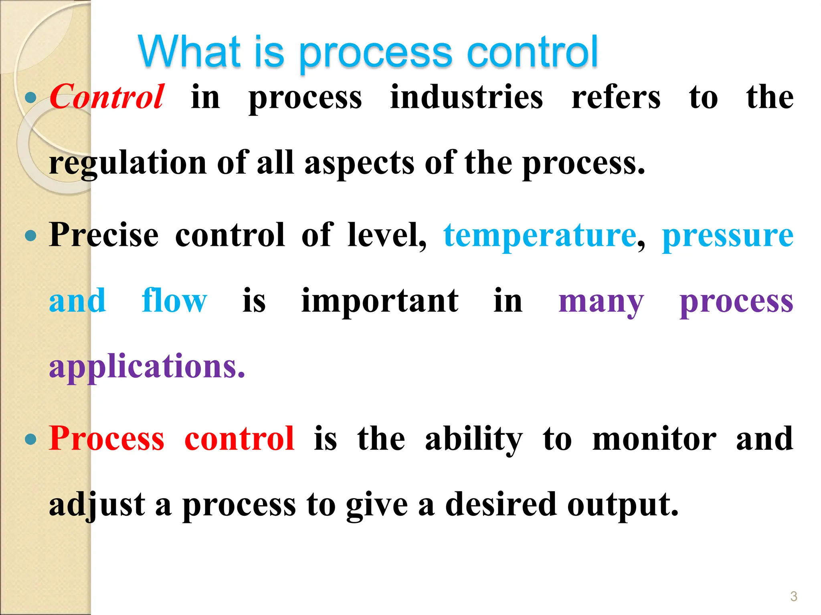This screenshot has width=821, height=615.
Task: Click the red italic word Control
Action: (x=107, y=97)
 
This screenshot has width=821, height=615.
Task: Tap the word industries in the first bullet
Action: (x=467, y=97)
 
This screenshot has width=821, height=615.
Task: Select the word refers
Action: (x=616, y=97)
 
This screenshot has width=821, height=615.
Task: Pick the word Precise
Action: (x=104, y=235)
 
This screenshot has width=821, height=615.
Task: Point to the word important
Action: (x=380, y=301)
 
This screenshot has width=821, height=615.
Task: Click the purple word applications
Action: (x=147, y=367)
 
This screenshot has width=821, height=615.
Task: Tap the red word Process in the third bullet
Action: (x=107, y=439)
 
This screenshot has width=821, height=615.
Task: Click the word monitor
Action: (x=654, y=439)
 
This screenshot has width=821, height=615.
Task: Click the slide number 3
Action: (x=794, y=596)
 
